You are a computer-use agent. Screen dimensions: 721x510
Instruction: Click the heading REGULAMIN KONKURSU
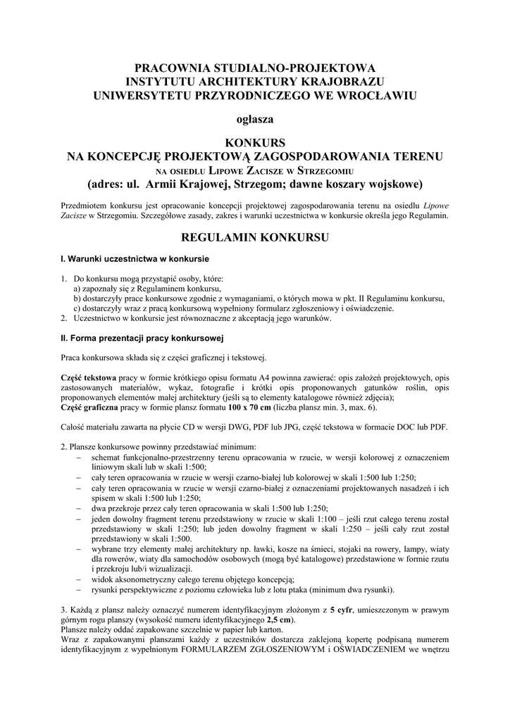[x=254, y=237]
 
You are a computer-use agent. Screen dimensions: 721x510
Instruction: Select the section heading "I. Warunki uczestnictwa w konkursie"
[x=135, y=259]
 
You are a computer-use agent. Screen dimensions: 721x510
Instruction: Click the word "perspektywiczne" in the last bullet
[x=158, y=589]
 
